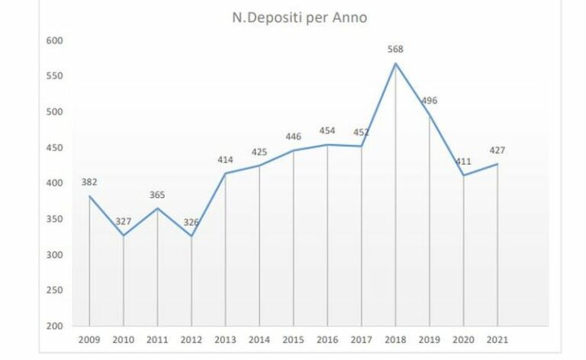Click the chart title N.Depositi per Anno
point(300,18)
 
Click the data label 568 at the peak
point(395,50)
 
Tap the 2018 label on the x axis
point(395,339)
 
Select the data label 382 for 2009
point(89,182)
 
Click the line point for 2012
point(192,236)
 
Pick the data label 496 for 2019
point(430,101)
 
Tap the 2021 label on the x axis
point(497,339)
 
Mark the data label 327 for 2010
point(124,222)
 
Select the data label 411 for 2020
point(463,162)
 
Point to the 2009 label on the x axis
point(89,339)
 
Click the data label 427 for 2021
point(497,150)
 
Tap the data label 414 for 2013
point(225,159)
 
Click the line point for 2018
point(395,63)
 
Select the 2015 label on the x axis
point(293,339)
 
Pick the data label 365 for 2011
point(157,194)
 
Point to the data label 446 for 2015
point(293,137)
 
